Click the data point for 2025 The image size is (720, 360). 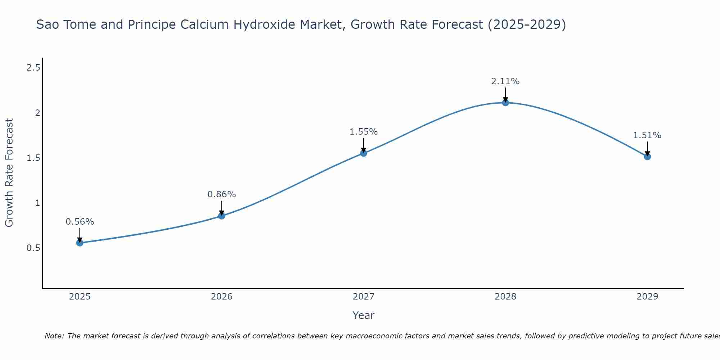tap(80, 243)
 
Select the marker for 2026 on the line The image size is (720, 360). tap(222, 216)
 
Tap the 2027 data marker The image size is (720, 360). tap(364, 153)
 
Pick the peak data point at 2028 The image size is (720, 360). tap(505, 103)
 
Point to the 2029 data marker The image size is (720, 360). tap(647, 157)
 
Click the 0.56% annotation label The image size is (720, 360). tap(80, 222)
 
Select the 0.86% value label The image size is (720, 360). tap(222, 194)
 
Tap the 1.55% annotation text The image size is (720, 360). tap(364, 132)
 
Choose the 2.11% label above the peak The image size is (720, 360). tap(505, 81)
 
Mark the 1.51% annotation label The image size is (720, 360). tap(647, 135)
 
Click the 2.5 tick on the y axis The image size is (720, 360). tap(33, 67)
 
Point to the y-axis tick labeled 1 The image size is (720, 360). tap(37, 203)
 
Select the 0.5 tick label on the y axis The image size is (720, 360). tap(33, 248)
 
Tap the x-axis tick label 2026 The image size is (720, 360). tap(222, 297)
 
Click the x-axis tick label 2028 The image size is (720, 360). tap(505, 297)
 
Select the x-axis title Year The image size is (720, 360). tap(364, 315)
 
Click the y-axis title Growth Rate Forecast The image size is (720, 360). tap(9, 173)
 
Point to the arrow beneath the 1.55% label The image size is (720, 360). tap(364, 145)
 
